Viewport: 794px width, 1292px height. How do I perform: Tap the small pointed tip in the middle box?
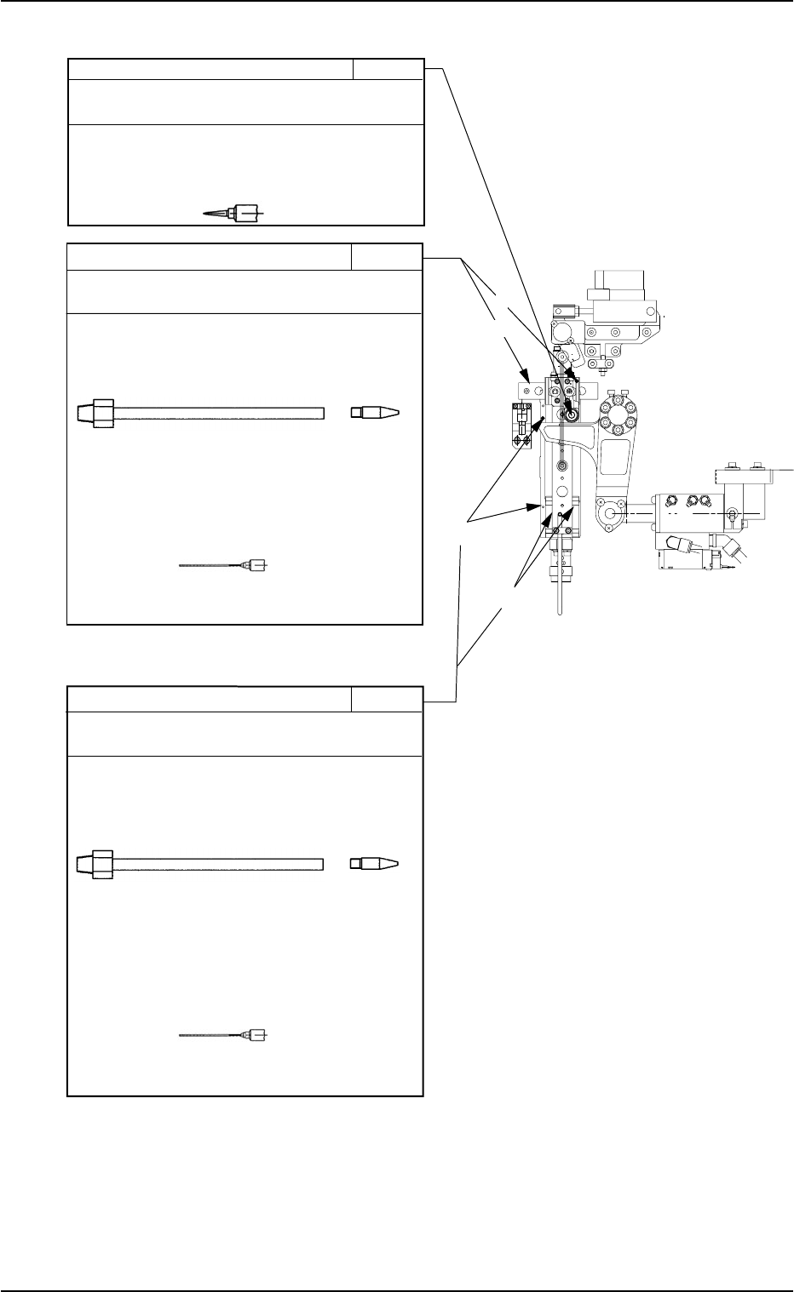(x=376, y=413)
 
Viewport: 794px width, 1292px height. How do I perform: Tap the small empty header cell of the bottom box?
(x=387, y=699)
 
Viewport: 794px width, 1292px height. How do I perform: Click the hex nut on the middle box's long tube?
(x=101, y=413)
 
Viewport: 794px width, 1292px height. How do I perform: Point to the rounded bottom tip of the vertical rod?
(x=559, y=615)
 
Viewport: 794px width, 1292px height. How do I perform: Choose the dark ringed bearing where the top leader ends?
(x=571, y=414)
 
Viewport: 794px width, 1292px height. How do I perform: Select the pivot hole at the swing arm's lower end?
(x=607, y=514)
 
